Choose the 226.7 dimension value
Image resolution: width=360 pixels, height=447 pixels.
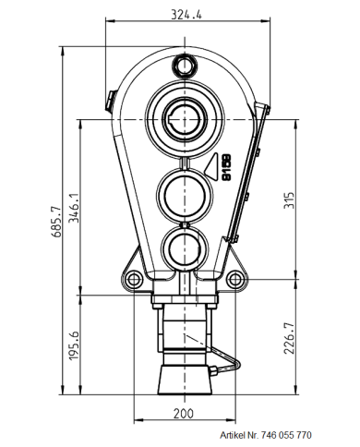[288, 337]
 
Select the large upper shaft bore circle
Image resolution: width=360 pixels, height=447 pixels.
[186, 119]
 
